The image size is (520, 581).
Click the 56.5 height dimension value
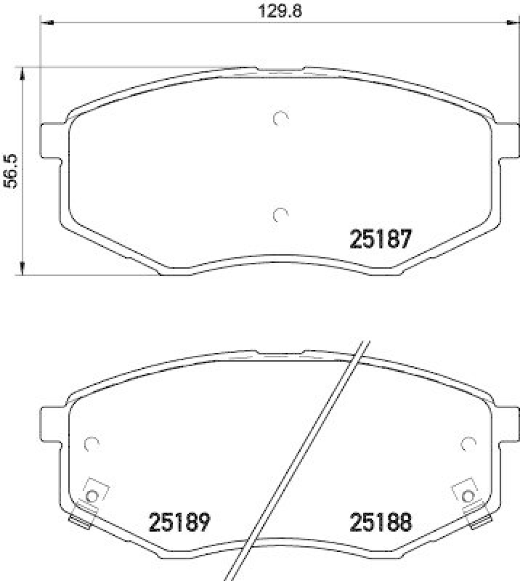click(10, 171)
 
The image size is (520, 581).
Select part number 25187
click(381, 239)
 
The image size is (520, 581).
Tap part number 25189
click(179, 521)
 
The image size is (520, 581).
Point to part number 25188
click(381, 521)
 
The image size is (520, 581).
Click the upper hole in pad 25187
click(280, 118)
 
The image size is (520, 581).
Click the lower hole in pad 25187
click(280, 214)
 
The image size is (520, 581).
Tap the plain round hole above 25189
click(92, 442)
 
